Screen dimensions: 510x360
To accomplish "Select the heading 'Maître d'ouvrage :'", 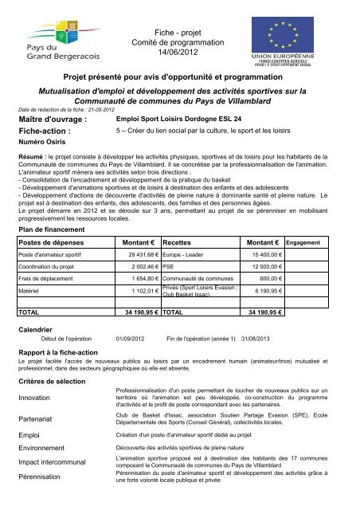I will (x=53, y=120).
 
